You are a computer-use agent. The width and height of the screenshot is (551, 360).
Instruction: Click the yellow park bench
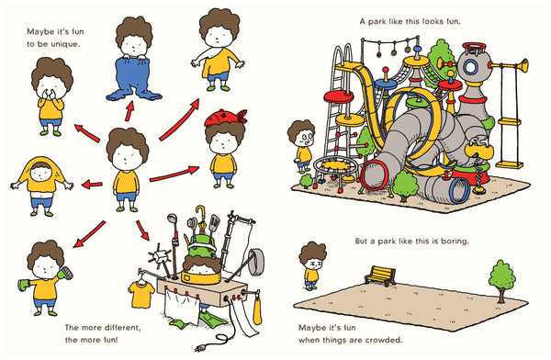[x=378, y=275]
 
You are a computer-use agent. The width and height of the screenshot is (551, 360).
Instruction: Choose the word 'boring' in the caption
[x=450, y=242]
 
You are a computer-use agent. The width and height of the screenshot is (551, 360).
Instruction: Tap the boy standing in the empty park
[x=312, y=266]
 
